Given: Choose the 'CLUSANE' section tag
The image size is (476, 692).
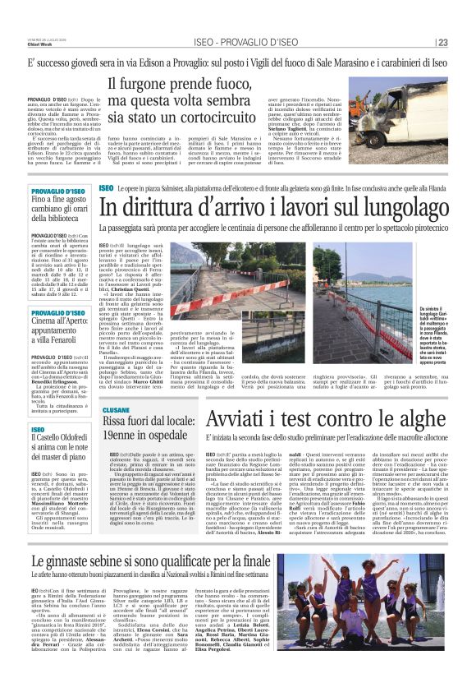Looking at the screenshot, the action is (117, 408).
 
